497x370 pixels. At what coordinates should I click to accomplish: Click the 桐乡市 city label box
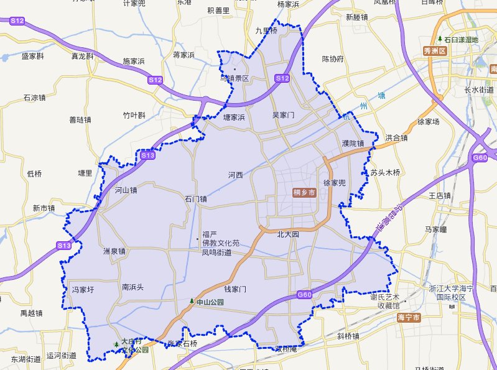[305, 193]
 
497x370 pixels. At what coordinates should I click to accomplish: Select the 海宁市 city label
[409, 318]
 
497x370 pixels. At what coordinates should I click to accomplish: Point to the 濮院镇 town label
[353, 144]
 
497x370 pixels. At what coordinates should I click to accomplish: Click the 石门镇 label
[195, 200]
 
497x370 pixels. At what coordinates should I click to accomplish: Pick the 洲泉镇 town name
[114, 252]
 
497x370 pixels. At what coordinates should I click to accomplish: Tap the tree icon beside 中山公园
[192, 301]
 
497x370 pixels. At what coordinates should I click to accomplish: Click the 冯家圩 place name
[83, 290]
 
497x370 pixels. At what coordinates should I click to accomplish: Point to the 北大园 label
[288, 235]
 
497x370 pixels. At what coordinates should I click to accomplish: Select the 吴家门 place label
[284, 116]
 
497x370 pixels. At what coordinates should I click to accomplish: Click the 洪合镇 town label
[396, 138]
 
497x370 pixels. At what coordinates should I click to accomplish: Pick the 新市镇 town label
[45, 208]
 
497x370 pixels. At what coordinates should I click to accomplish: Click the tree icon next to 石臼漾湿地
[440, 39]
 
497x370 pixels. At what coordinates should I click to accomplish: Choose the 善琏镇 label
[80, 120]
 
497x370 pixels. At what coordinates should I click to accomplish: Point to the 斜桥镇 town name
[348, 336]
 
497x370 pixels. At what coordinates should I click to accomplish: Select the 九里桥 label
[266, 30]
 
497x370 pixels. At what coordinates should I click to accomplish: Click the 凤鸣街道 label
[216, 252]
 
